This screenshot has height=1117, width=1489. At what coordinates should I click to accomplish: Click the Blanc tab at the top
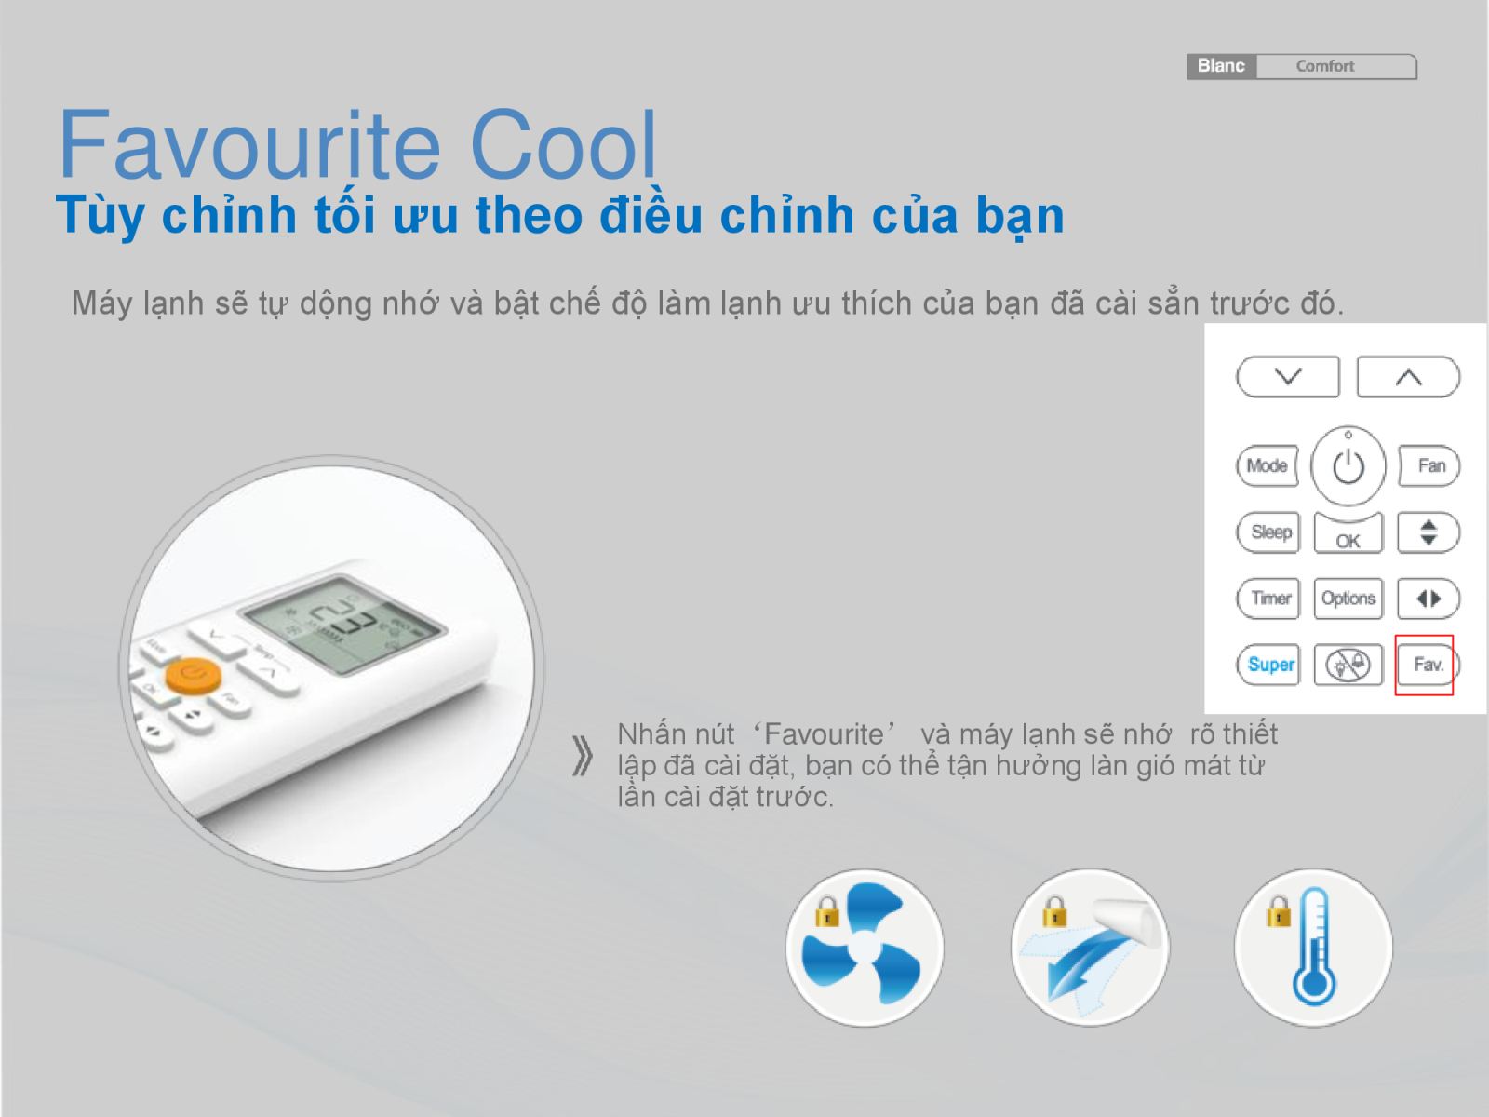1221,66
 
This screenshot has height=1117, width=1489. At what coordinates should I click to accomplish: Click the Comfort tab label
1325,66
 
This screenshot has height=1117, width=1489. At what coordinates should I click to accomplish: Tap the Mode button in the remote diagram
1267,465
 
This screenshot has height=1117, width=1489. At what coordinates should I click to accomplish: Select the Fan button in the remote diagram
1430,465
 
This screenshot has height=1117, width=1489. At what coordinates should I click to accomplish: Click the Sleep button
1270,532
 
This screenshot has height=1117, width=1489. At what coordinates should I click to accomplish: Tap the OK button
1348,537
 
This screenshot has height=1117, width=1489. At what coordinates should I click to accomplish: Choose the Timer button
1270,599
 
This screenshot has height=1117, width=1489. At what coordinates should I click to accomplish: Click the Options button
1348,599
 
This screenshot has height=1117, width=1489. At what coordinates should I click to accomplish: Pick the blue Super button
1270,665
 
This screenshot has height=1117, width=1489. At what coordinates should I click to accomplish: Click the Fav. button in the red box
1427,665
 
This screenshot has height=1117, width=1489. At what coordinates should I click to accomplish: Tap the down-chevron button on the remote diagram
1288,377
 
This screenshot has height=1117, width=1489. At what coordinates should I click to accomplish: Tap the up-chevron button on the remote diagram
1408,377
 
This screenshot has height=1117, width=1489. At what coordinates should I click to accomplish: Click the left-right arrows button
1429,599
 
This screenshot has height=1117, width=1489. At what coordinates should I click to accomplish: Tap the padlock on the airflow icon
1054,911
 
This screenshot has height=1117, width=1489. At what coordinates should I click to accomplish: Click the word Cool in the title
564,146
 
